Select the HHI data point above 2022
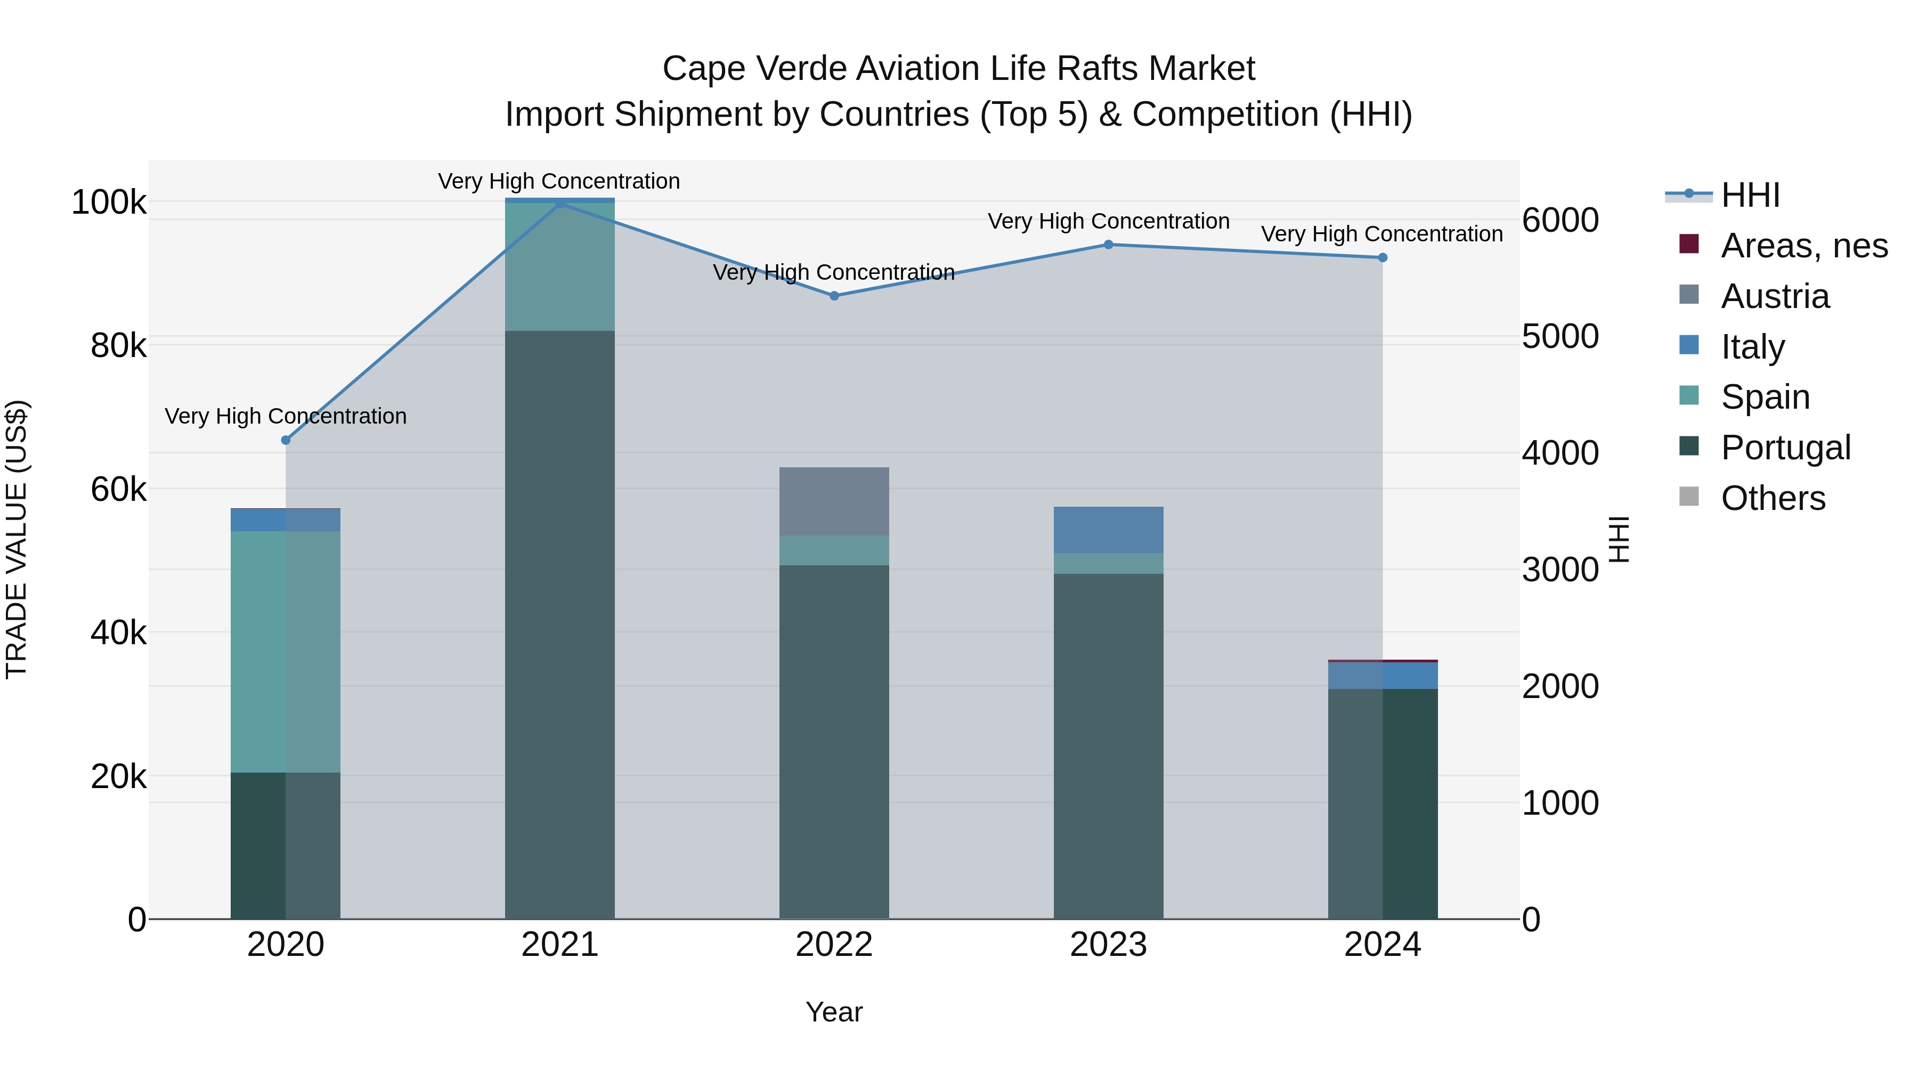click(834, 296)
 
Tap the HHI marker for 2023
click(1108, 244)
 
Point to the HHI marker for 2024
click(1383, 258)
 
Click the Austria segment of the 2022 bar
click(834, 501)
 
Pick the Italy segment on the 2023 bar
click(1108, 530)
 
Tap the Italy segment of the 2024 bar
click(1383, 676)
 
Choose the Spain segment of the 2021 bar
click(560, 266)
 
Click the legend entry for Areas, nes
click(1803, 246)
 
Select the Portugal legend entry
click(1785, 448)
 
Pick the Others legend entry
click(1772, 498)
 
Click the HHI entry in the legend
click(1750, 195)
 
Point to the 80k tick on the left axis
click(118, 345)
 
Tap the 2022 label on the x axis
click(834, 945)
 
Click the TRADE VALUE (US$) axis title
click(17, 539)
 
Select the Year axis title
click(834, 1012)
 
